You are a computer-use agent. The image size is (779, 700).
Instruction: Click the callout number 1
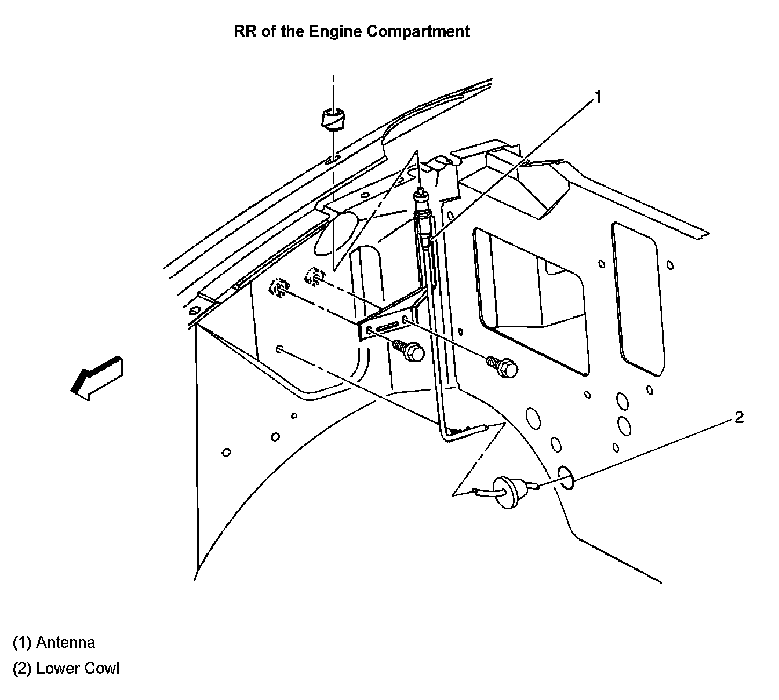coord(598,97)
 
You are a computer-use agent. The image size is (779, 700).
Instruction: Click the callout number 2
coord(738,417)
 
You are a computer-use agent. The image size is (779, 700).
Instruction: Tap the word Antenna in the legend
coord(65,642)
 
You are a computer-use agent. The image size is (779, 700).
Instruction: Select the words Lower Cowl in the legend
coord(78,668)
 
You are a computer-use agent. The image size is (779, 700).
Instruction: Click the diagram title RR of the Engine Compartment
coord(351,31)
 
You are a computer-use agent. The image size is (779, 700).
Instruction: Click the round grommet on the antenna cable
coord(507,493)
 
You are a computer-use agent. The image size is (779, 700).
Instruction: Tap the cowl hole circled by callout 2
coord(566,476)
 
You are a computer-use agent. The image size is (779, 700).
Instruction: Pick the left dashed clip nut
coord(279,288)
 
